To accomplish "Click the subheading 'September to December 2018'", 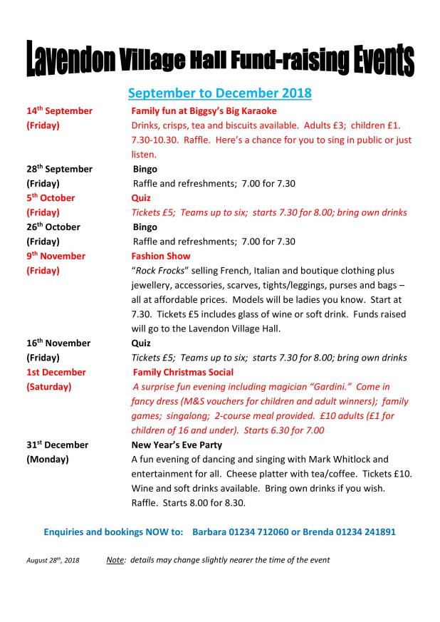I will click(219, 93).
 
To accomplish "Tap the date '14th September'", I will click(60, 111).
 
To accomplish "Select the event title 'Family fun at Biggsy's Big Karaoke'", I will click(204, 111).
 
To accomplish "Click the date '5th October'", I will click(51, 198).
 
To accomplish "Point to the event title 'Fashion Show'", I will click(160, 256).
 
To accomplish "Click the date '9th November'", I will click(56, 256).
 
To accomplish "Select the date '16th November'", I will click(58, 343).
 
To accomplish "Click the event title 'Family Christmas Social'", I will click(183, 372).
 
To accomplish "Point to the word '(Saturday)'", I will click(49, 387).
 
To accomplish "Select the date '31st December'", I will click(58, 445).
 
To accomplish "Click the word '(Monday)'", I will click(48, 460).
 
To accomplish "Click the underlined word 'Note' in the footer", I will click(115, 560).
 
